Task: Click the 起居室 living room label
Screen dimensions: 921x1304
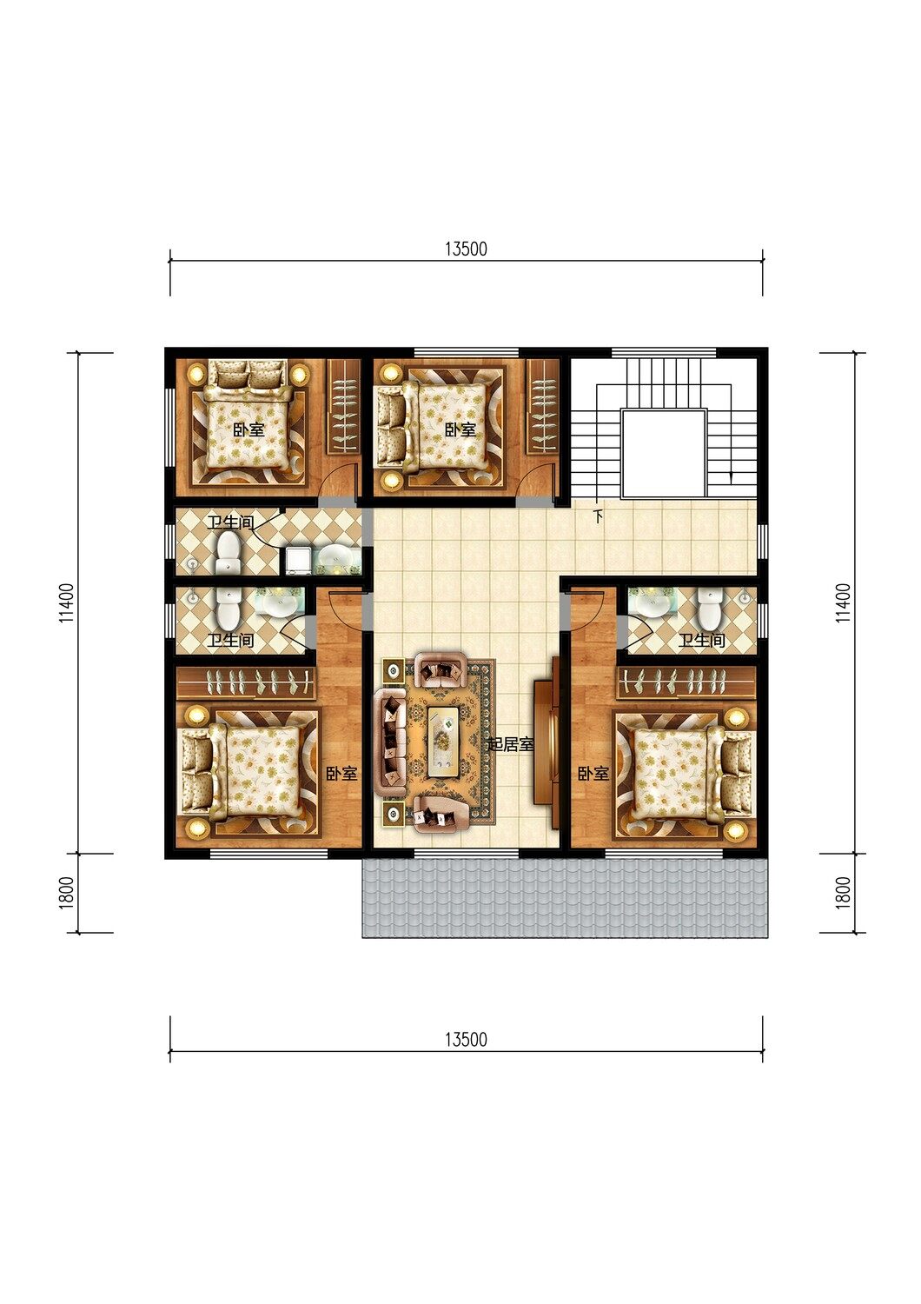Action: click(510, 744)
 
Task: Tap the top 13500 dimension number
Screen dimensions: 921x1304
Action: click(466, 249)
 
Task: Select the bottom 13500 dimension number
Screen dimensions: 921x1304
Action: click(466, 1039)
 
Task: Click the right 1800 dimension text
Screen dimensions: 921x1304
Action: click(843, 893)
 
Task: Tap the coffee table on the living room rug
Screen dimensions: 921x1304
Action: click(447, 741)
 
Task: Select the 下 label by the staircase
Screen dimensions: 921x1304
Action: click(598, 516)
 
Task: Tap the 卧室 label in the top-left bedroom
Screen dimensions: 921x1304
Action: click(248, 430)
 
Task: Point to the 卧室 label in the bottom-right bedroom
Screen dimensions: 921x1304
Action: click(593, 774)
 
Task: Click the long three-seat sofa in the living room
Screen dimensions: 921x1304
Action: click(392, 742)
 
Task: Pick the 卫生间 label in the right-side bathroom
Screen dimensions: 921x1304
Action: click(702, 641)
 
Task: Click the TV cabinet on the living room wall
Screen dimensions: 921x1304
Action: click(547, 742)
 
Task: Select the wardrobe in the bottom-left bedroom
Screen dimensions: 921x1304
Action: click(246, 682)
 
